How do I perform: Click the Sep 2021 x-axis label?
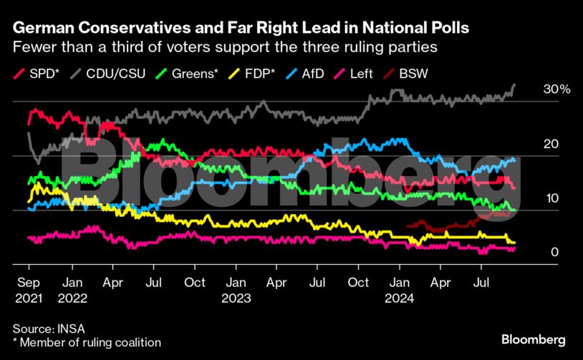28,289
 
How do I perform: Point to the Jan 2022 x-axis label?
72,289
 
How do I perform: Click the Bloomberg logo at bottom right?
534,339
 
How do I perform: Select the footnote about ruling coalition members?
87,343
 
